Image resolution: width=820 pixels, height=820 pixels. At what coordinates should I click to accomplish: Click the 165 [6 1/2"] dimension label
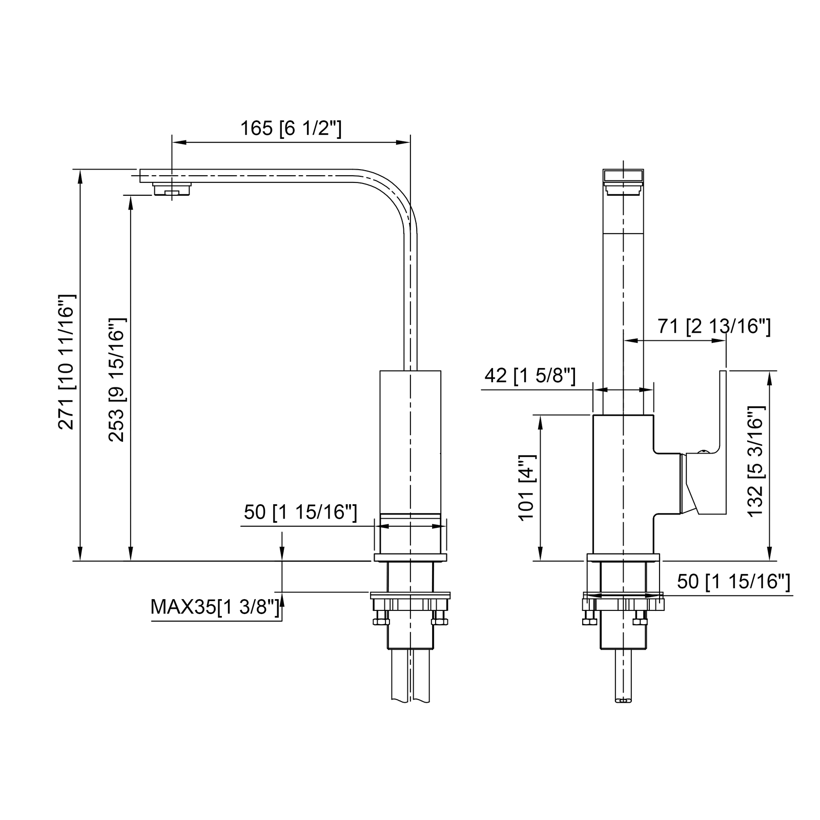point(291,128)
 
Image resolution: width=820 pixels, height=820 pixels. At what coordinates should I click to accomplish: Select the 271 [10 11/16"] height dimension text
point(67,362)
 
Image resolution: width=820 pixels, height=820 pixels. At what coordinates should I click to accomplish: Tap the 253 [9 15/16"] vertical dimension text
point(116,380)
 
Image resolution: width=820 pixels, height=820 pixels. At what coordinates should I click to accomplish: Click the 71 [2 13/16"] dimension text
point(714,326)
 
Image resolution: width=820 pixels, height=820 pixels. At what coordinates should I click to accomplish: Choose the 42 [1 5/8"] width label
point(530,376)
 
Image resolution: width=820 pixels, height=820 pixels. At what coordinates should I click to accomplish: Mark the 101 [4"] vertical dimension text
point(527,487)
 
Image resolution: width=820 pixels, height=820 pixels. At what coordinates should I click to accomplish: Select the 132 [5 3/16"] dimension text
point(756,461)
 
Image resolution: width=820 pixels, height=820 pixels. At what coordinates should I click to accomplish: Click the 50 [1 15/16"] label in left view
point(300,512)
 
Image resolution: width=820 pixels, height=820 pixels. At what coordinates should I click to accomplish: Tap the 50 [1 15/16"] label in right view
point(733,582)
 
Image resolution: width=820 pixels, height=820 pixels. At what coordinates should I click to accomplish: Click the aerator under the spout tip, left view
point(172,190)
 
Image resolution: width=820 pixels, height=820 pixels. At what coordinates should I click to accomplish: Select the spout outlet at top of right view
point(623,177)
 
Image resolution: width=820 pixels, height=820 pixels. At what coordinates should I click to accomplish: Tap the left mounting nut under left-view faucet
point(381,621)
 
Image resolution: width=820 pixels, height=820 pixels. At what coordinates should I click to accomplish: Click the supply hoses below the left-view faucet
point(410,676)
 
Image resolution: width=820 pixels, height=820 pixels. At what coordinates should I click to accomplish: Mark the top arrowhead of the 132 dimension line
point(768,377)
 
